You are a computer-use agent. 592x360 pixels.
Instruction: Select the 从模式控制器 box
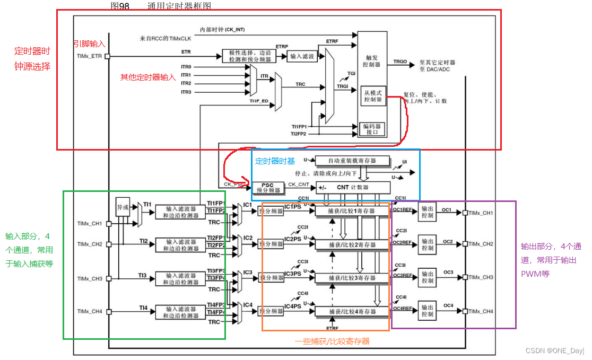click(372, 96)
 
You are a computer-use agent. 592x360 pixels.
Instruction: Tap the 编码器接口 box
click(372, 129)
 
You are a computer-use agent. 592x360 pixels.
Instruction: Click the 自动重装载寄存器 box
click(352, 160)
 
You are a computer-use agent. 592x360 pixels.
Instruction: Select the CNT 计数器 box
click(353, 187)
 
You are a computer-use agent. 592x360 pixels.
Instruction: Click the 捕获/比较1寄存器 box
click(352, 211)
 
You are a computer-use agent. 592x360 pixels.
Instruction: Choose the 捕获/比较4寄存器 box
click(352, 312)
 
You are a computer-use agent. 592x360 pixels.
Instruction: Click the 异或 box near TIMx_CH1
click(123, 208)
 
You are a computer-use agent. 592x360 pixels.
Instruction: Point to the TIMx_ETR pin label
click(89, 56)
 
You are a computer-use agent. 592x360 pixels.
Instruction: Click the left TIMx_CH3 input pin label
click(90, 278)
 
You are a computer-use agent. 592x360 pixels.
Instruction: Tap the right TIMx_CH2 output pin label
click(481, 244)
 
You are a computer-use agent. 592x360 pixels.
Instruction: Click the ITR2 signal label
click(186, 84)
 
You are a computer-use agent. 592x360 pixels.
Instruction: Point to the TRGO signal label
click(400, 62)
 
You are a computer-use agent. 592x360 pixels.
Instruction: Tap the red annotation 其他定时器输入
click(148, 77)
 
